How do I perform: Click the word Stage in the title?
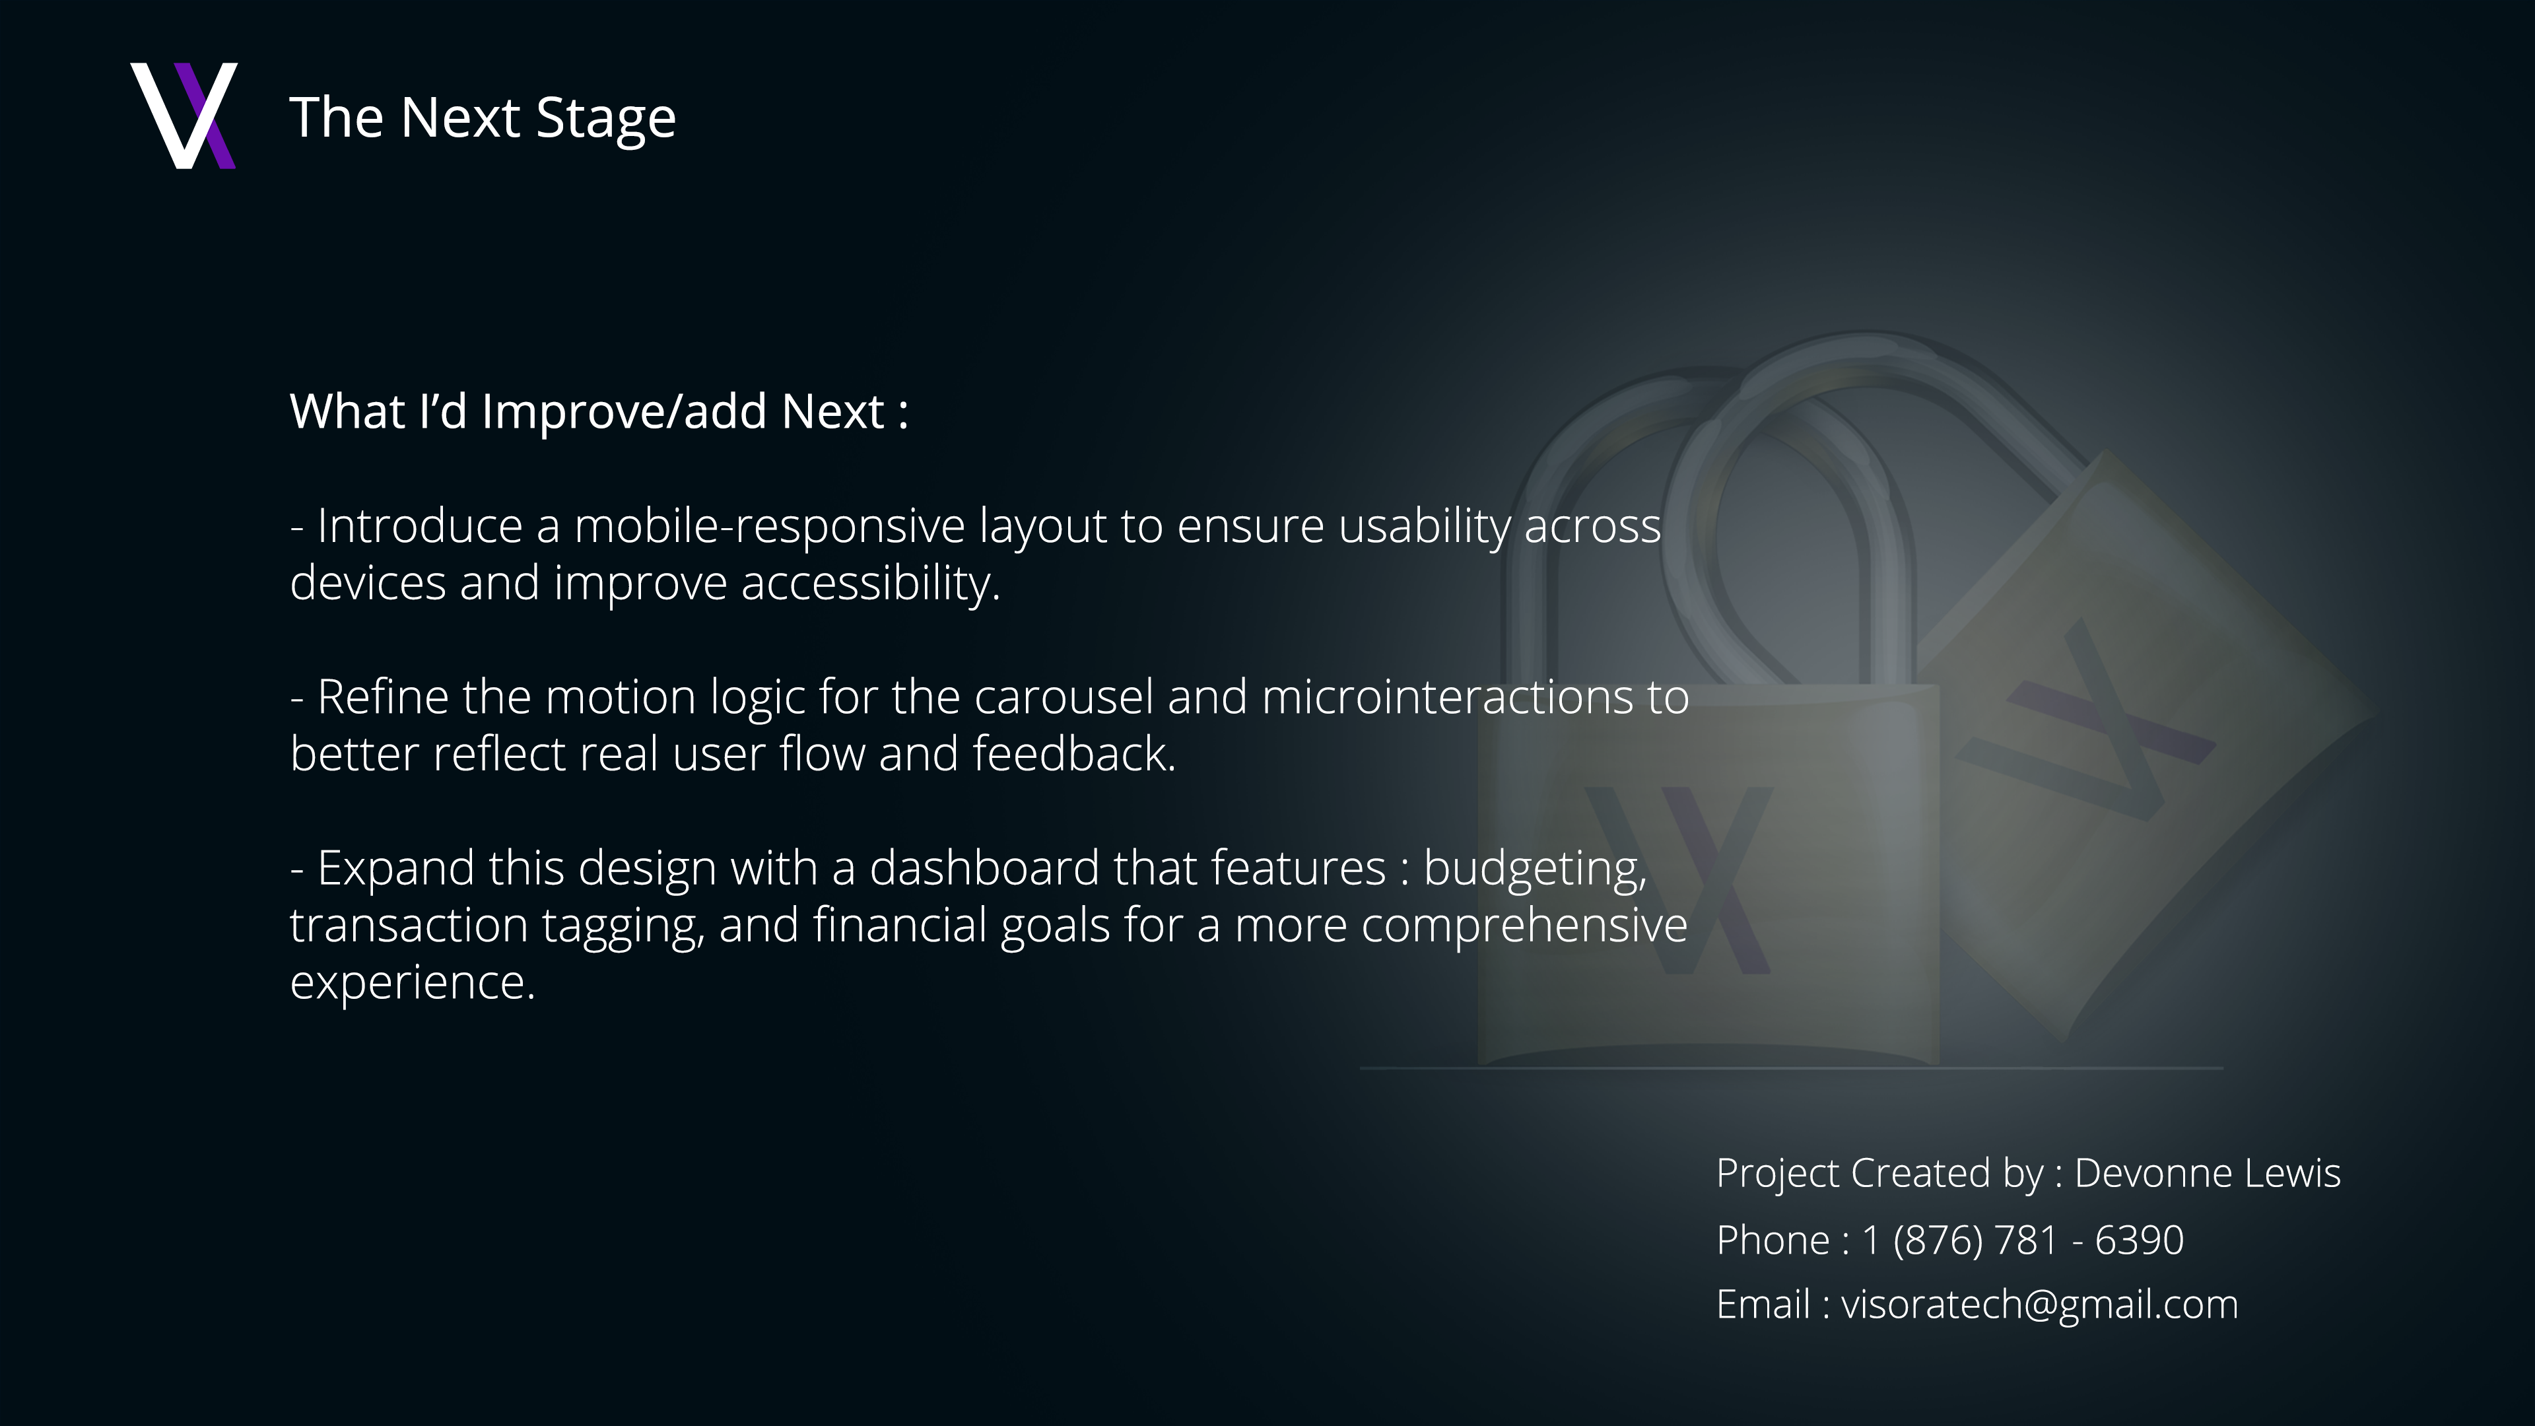click(x=605, y=118)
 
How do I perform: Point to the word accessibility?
click(x=870, y=584)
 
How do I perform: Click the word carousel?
click(x=1063, y=698)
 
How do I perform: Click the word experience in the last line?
click(x=411, y=983)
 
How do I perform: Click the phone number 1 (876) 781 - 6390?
click(x=2022, y=1240)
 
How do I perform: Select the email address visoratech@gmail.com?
click(x=2039, y=1305)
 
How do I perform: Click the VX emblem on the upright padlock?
click(x=1678, y=879)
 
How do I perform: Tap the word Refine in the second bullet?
click(x=383, y=698)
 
